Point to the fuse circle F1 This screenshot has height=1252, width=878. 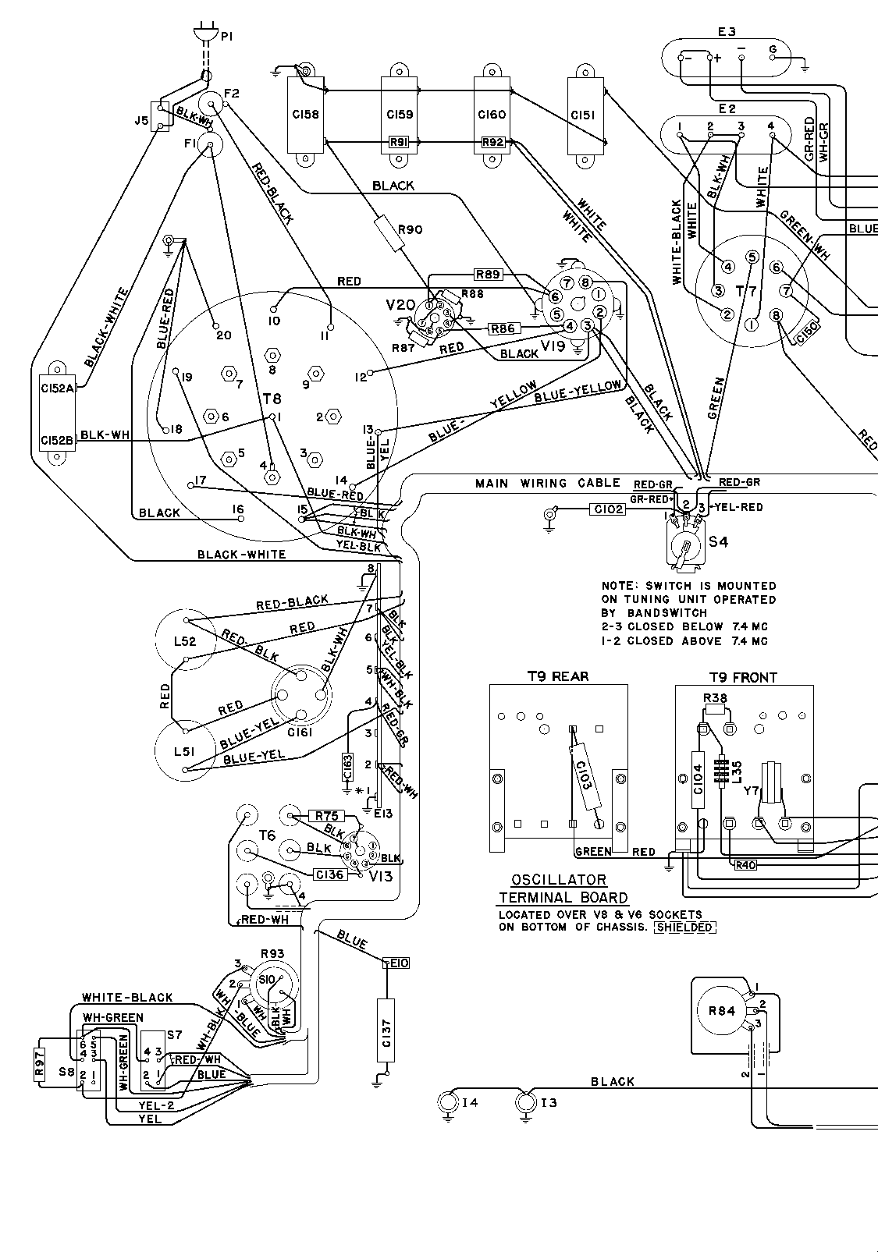click(210, 144)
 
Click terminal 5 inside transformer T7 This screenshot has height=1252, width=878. click(752, 257)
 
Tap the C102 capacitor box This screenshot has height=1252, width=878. click(606, 510)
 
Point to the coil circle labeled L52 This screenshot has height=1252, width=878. click(185, 641)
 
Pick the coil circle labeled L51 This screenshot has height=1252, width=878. click(185, 750)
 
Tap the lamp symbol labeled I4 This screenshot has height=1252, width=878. click(448, 1102)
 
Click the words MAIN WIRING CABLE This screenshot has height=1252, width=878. click(548, 484)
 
